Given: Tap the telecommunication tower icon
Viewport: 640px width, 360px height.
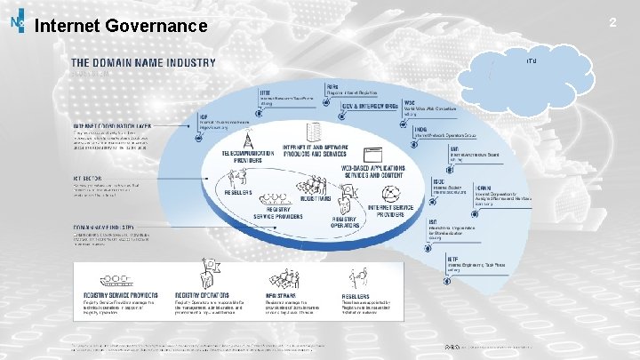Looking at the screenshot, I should coord(245,138).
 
